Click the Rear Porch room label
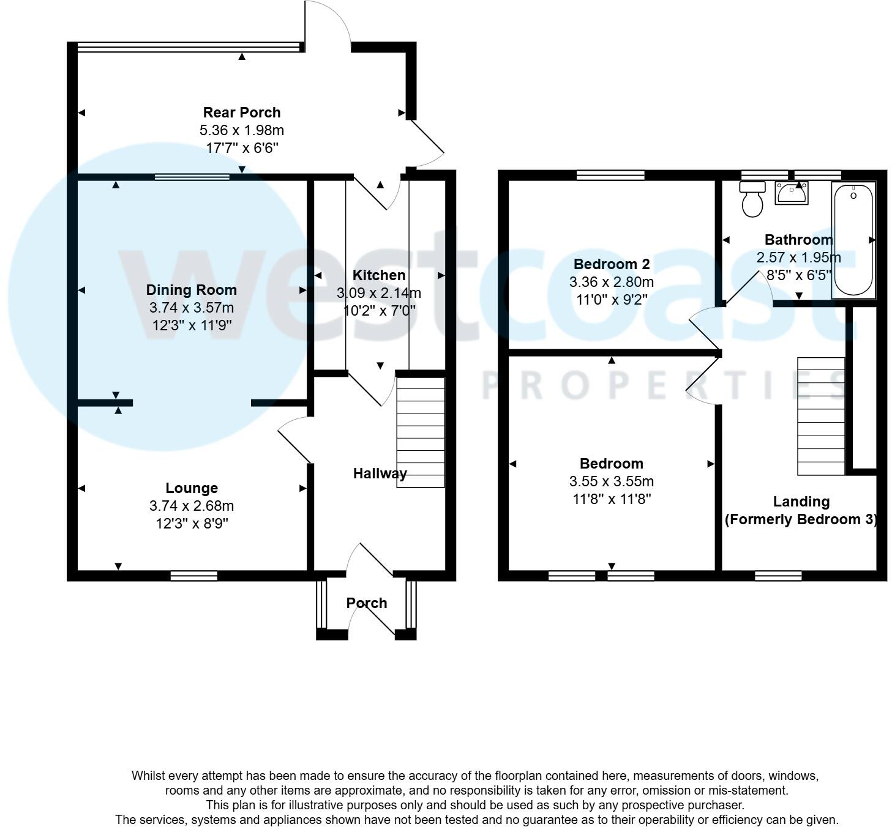coord(242,113)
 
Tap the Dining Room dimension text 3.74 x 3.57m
coord(191,308)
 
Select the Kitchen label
coord(379,275)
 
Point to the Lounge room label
coord(192,488)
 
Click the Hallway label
coord(380,473)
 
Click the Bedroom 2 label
coord(611,264)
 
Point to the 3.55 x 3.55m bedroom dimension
coord(611,481)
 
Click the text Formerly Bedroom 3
coord(801,519)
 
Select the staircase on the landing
coord(821,416)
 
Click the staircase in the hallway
coord(421,432)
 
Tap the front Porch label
coord(367,603)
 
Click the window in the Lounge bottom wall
coord(193,576)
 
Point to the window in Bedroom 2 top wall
coord(610,176)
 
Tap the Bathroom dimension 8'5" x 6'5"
coord(798,275)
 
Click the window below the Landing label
coord(778,576)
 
